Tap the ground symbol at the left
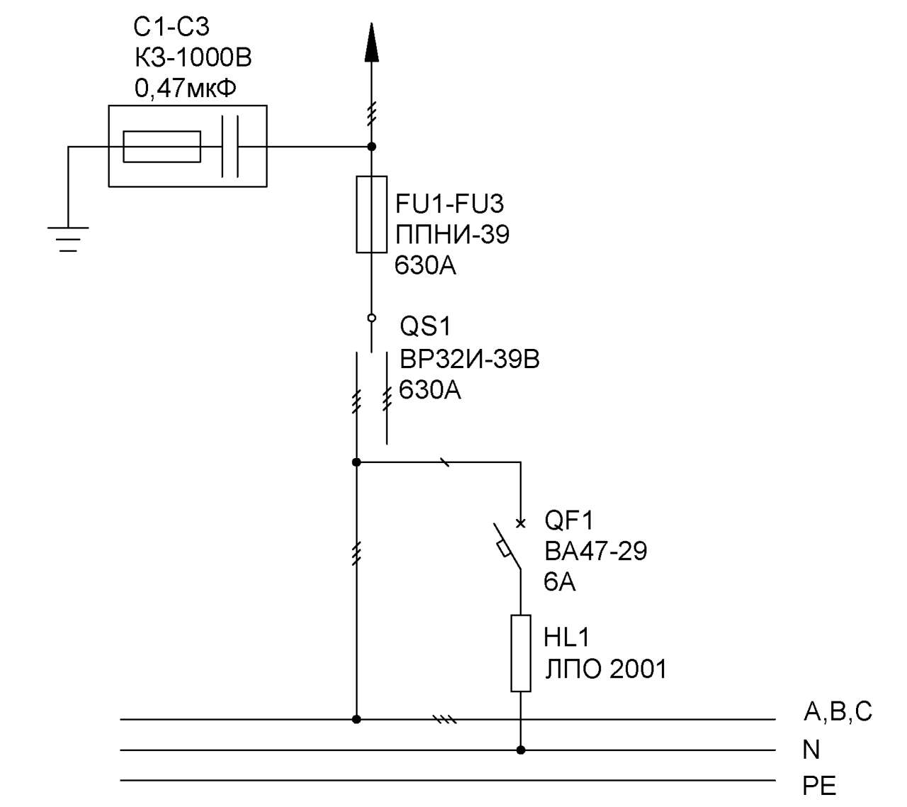[68, 239]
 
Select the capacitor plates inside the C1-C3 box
[230, 146]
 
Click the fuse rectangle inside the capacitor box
[162, 147]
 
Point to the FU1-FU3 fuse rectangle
[371, 214]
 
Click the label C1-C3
[171, 27]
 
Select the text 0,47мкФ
[186, 88]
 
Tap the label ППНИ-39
[452, 234]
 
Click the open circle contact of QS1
[371, 318]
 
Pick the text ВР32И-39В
[470, 359]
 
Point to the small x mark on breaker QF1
[520, 523]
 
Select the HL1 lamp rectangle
[521, 653]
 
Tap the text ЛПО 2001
[605, 669]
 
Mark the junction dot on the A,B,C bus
[356, 719]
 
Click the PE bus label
[819, 786]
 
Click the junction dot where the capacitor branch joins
[371, 147]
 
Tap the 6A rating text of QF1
[560, 581]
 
